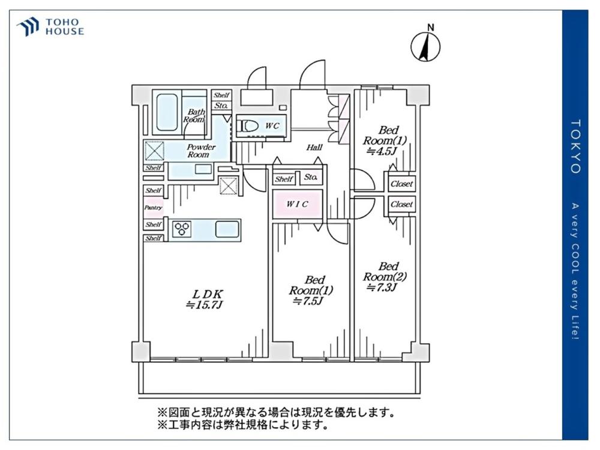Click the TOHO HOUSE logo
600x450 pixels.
50,26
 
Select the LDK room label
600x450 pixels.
208,294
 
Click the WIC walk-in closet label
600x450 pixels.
297,204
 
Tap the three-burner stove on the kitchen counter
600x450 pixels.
182,229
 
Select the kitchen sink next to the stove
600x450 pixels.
226,229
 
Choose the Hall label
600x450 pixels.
314,147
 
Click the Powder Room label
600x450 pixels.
201,151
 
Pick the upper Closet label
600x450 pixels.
401,184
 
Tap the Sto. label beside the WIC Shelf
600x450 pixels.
310,178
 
